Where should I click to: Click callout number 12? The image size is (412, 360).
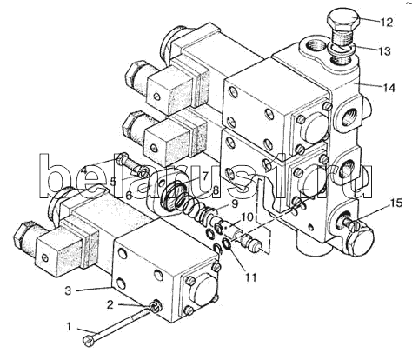(x=386, y=23)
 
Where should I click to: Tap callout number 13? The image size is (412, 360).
(x=384, y=51)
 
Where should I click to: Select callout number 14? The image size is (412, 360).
(x=389, y=88)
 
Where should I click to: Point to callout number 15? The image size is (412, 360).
(x=395, y=203)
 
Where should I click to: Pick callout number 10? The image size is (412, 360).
(x=248, y=217)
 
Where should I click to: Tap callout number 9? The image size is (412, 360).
(x=235, y=203)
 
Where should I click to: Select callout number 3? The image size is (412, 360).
(x=68, y=290)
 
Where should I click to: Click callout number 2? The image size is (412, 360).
(x=110, y=304)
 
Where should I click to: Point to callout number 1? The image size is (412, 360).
(x=69, y=327)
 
